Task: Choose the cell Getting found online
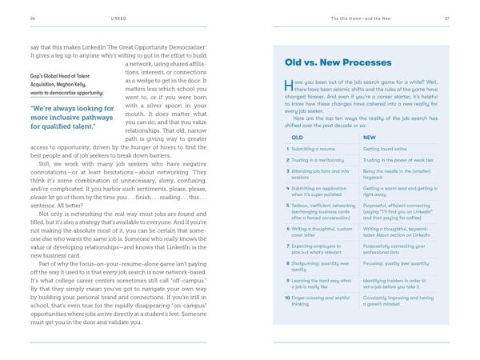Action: (389, 148)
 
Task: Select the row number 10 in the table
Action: (289, 297)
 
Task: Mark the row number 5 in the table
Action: (289, 203)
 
